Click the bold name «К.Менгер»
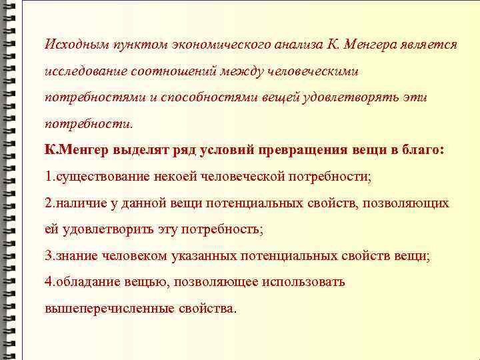point(74,150)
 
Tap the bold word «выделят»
point(138,150)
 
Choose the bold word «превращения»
point(305,150)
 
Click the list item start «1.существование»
point(93,176)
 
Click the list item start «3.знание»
point(71,255)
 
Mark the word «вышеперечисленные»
point(109,309)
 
